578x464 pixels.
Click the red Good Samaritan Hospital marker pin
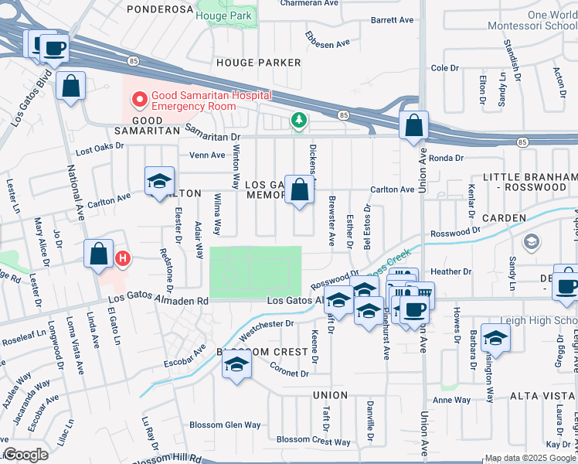pos(139,98)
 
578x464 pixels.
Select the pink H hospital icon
pos(121,258)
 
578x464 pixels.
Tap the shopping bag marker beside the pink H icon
pos(99,254)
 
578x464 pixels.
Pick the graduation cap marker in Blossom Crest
pos(237,366)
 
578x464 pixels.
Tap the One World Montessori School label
pos(532,20)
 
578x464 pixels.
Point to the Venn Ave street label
pos(206,155)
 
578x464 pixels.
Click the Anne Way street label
pos(451,400)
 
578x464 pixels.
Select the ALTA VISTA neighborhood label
pos(542,395)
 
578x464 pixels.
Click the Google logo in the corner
pos(25,455)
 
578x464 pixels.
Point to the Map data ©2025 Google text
pos(529,458)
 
